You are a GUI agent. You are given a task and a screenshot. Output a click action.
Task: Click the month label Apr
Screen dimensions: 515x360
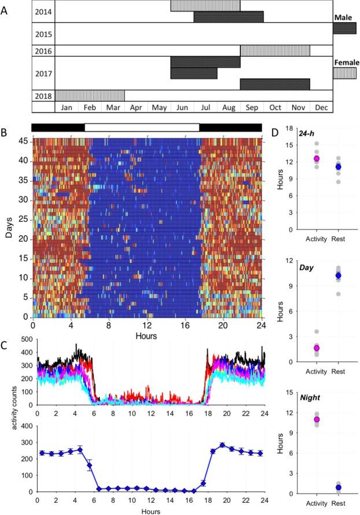tap(136, 107)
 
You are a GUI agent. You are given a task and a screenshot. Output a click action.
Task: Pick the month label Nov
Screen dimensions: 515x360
tap(298, 107)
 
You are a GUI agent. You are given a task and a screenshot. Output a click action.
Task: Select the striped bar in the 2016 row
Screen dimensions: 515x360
tap(275, 51)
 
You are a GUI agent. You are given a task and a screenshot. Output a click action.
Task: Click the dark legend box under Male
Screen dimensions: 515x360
tap(344, 28)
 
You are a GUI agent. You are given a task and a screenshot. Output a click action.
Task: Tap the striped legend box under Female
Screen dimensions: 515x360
tap(344, 73)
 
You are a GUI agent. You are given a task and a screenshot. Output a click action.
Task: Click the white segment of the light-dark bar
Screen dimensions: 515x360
tap(142, 127)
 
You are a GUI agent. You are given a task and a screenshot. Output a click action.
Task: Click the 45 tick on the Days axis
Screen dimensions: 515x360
tap(25, 140)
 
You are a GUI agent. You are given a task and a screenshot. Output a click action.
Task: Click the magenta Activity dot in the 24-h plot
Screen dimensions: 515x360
tap(316, 159)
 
